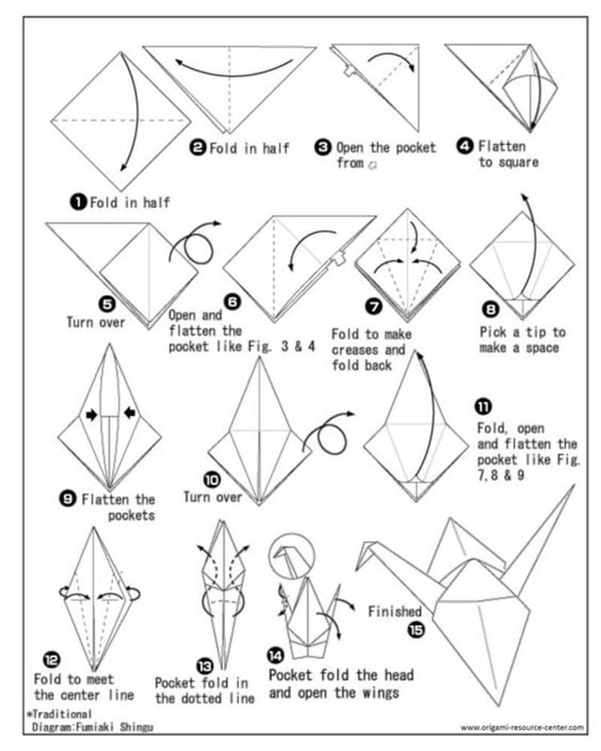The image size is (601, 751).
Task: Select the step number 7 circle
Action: [373, 306]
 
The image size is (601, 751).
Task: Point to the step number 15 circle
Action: [417, 629]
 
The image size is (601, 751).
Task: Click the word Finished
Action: [394, 612]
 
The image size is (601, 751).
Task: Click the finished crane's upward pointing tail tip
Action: [574, 486]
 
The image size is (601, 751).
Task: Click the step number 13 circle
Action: [204, 664]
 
